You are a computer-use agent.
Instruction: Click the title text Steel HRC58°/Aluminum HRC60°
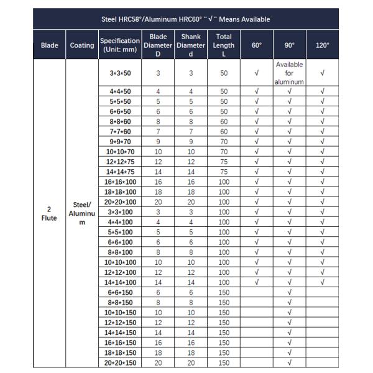point(185,19)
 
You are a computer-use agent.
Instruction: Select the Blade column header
point(50,45)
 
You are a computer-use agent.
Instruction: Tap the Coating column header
point(83,45)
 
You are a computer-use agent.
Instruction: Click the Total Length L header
point(224,45)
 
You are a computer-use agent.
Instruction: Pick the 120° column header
point(323,45)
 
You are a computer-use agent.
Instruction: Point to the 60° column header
point(257,45)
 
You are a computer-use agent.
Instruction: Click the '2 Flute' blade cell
point(50,213)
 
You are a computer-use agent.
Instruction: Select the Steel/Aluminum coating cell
point(83,213)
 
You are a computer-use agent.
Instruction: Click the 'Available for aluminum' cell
point(290,73)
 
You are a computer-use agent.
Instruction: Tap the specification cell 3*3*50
point(120,73)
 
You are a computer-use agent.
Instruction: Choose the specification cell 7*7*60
point(120,132)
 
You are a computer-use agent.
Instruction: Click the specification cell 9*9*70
point(120,142)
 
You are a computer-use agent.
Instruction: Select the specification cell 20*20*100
point(120,202)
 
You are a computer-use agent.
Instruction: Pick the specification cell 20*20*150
point(120,362)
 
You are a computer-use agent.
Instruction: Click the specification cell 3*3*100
point(120,212)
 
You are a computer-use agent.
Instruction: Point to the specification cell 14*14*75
point(120,172)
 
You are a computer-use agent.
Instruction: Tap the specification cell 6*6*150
point(120,292)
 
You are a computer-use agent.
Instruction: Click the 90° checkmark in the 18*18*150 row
point(290,352)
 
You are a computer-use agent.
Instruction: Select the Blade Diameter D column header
point(158,45)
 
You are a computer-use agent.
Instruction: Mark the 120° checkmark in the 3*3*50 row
point(323,73)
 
